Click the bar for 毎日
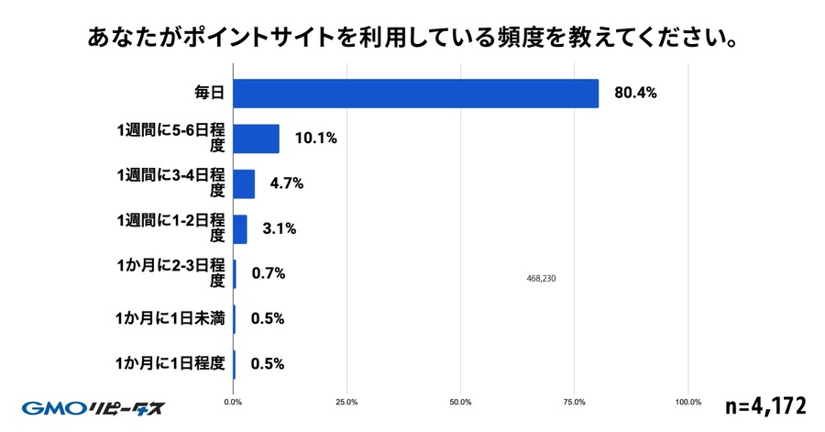pos(416,94)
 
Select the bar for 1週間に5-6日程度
pos(257,138)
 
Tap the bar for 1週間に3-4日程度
pos(244,183)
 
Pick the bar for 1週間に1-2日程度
pos(240,229)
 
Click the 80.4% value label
pos(634,94)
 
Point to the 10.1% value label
pos(316,138)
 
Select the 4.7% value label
pos(286,183)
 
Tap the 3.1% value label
pos(279,229)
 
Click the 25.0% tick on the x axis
pos(346,402)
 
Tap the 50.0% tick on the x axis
pos(461,402)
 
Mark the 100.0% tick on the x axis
pos(687,402)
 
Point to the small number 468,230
pos(542,279)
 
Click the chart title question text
pos(413,39)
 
